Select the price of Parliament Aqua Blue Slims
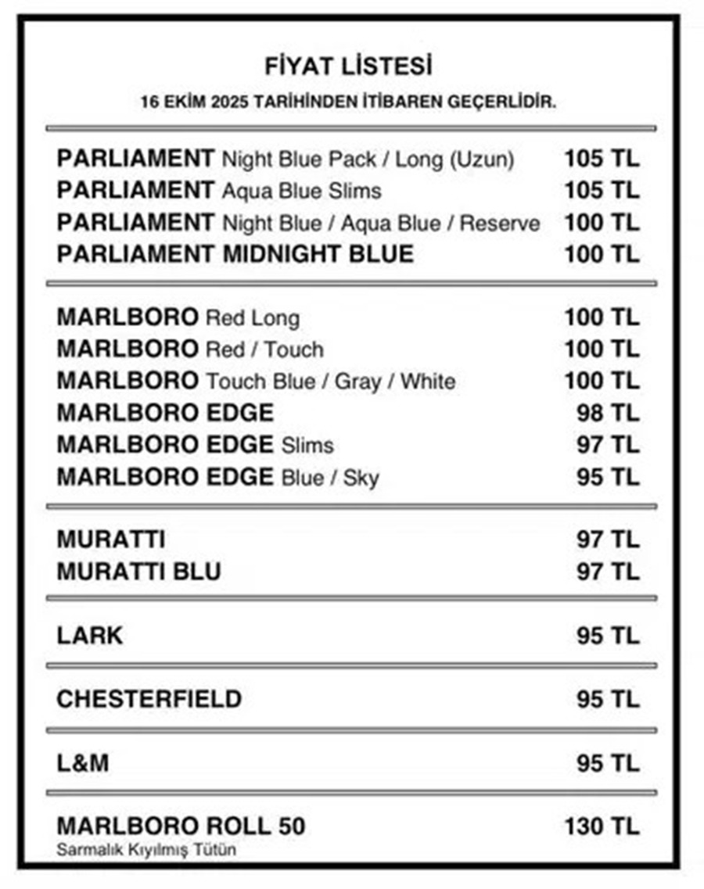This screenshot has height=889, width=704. click(602, 191)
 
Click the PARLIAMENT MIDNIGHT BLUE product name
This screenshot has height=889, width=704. click(235, 255)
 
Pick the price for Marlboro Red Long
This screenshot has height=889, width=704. click(602, 318)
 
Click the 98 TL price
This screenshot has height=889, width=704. click(608, 413)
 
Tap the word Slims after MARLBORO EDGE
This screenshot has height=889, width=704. click(307, 446)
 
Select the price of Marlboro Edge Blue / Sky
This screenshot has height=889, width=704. click(608, 477)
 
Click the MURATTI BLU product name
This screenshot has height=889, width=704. click(138, 572)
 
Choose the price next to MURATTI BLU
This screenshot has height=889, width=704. click(608, 572)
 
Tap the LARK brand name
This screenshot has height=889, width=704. click(89, 636)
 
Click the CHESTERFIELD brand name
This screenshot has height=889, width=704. click(149, 699)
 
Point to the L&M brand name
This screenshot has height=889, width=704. click(82, 763)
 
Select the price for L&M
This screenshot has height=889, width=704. click(608, 763)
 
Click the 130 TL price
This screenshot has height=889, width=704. click(602, 826)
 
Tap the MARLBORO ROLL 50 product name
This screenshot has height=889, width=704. click(181, 826)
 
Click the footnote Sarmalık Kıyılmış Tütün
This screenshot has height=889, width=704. click(145, 850)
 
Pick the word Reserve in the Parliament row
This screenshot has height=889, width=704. click(500, 224)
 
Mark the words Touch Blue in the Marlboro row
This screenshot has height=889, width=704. click(249, 382)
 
